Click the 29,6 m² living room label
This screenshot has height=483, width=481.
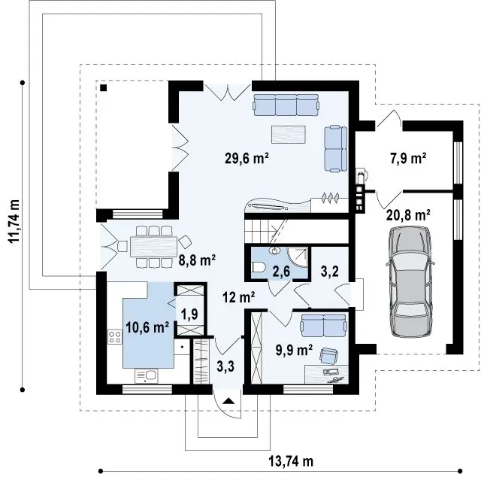click(x=247, y=158)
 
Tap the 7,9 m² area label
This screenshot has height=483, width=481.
click(x=408, y=158)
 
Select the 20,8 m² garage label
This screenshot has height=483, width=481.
click(x=408, y=215)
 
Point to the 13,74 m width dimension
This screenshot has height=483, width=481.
click(x=291, y=461)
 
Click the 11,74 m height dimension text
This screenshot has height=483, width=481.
click(x=14, y=221)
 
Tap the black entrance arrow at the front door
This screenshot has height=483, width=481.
click(x=228, y=400)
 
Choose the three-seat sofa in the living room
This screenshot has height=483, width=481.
click(x=286, y=105)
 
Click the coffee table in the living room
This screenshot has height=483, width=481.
click(x=289, y=135)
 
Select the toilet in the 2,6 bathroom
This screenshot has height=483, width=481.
click(x=257, y=267)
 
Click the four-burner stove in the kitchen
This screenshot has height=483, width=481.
click(x=115, y=337)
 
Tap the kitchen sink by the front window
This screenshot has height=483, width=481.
click(x=146, y=376)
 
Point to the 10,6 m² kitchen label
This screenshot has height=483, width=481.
click(x=147, y=327)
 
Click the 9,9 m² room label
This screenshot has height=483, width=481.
click(x=294, y=351)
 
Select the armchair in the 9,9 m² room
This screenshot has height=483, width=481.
click(x=328, y=356)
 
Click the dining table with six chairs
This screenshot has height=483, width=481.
click(x=153, y=247)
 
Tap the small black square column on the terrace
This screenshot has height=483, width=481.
click(x=104, y=88)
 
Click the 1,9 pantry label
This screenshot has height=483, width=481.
click(x=189, y=314)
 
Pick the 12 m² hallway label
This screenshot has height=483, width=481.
click(x=239, y=297)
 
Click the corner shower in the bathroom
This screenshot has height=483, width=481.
click(x=298, y=257)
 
